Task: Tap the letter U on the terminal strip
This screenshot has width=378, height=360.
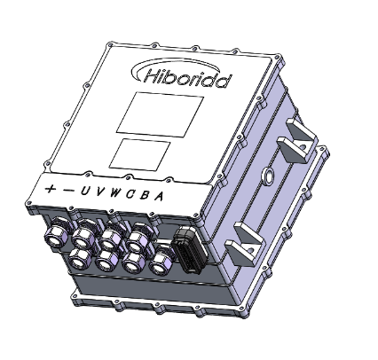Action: (83, 192)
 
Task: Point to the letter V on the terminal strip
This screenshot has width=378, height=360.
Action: (98, 193)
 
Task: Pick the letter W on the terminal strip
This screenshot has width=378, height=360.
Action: (113, 194)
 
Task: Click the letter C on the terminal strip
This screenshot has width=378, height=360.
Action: (129, 195)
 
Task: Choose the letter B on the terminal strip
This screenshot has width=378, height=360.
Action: (143, 196)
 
